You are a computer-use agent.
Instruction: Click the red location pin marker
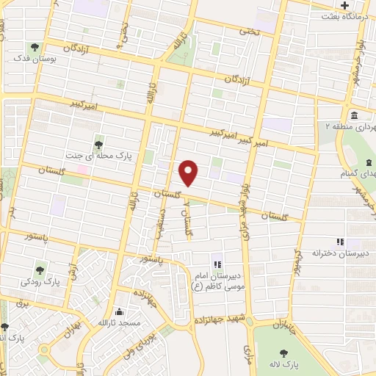pyautogui.click(x=189, y=172)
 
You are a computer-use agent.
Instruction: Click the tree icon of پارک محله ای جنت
pyautogui.click(x=98, y=143)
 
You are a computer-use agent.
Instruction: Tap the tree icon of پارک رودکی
pyautogui.click(x=40, y=269)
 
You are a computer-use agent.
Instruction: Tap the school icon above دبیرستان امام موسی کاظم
pyautogui.click(x=216, y=264)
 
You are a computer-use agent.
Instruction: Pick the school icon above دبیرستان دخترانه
pyautogui.click(x=339, y=242)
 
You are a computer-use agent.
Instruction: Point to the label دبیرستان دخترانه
pyautogui.click(x=340, y=253)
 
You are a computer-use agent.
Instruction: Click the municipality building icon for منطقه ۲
pyautogui.click(x=354, y=115)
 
